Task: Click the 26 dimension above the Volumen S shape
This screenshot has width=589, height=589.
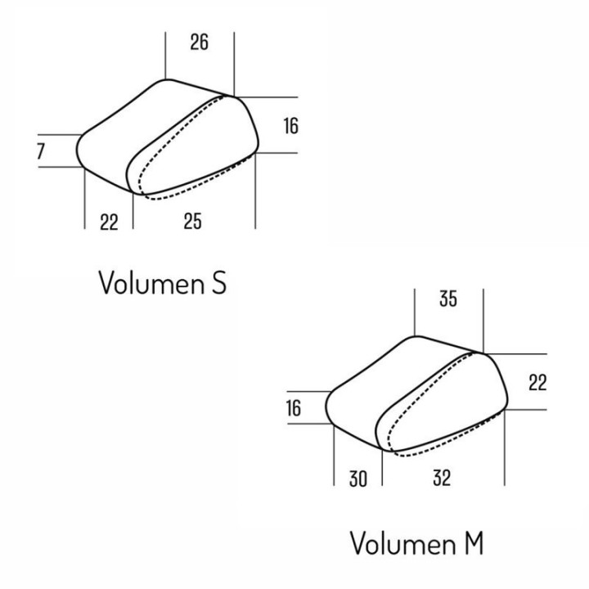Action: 199,42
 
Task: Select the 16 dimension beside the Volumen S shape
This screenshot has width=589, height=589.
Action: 291,125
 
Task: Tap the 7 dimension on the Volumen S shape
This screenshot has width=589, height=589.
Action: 41,151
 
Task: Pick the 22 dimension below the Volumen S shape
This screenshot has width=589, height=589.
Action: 109,222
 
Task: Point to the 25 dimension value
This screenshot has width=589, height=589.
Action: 193,221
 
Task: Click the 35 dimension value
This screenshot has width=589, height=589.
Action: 448,299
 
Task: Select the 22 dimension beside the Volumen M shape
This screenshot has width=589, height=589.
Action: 537,383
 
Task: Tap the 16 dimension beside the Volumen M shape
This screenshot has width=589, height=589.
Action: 294,408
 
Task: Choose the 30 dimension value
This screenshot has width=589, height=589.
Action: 358,479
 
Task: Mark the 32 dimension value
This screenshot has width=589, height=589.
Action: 442,479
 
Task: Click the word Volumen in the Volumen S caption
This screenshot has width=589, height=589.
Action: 151,282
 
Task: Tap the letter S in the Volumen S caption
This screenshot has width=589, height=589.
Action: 219,282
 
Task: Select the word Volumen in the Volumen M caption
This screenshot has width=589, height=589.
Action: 402,543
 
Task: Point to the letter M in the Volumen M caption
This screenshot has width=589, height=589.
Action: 474,543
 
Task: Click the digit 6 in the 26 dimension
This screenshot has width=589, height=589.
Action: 204,42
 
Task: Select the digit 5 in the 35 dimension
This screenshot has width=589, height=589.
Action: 452,299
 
